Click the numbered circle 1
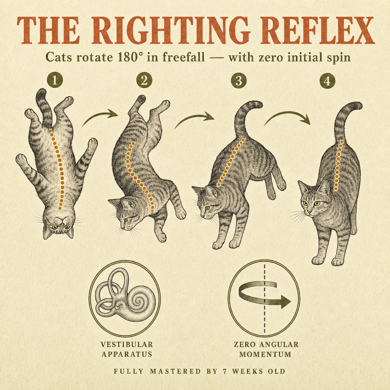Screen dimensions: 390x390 point(55,80)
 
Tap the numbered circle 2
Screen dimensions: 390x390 point(144,80)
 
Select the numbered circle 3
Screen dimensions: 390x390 point(238,80)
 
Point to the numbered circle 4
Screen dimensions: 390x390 point(327,80)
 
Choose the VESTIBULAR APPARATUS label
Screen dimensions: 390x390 point(126,349)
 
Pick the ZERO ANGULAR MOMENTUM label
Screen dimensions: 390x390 point(265,349)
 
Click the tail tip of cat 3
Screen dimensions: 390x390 point(259,104)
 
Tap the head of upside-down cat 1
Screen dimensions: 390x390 point(59,224)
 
